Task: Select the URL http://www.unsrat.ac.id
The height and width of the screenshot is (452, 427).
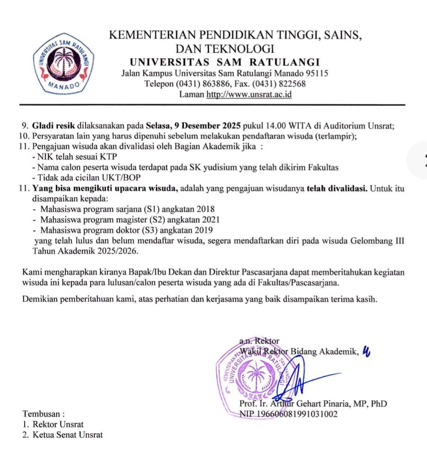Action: pos(249,95)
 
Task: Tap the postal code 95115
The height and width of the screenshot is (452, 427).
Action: pos(316,73)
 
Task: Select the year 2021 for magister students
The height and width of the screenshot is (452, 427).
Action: pos(211,220)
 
